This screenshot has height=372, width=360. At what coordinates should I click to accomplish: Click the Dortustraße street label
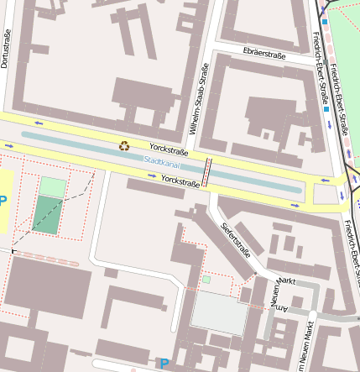pos(6,49)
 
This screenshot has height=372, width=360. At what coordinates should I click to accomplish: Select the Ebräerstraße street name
pos(263,55)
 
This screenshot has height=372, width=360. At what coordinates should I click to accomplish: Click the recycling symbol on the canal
pos(124,146)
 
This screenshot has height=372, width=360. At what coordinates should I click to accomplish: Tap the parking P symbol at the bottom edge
pos(164,364)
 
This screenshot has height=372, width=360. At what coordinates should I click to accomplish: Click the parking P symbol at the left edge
pos(3,201)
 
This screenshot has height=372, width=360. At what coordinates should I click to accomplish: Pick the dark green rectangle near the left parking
pos(48,216)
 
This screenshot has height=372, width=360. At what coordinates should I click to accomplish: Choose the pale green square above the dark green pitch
pos(53,186)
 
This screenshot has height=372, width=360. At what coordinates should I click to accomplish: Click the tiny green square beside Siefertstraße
pos(206,280)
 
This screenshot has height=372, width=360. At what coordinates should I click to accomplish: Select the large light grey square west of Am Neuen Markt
pos(219,312)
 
